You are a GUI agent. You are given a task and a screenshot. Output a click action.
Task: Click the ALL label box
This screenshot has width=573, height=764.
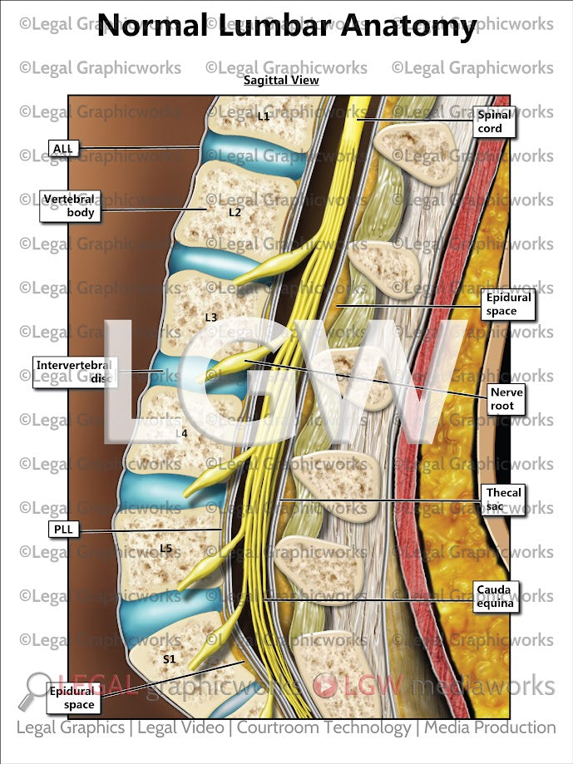tap(63, 149)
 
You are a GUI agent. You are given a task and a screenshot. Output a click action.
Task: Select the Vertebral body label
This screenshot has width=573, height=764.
tap(69, 205)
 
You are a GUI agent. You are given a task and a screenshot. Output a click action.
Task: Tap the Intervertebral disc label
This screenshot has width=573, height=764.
tap(73, 372)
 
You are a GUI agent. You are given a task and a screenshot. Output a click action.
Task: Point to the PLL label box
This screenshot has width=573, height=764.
tap(63, 528)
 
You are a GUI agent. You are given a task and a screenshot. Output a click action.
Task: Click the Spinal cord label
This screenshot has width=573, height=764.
tap(494, 122)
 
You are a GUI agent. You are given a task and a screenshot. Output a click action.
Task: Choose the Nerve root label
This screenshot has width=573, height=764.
tap(507, 399)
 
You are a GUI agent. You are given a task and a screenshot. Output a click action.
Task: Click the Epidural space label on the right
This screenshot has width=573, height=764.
tap(507, 304)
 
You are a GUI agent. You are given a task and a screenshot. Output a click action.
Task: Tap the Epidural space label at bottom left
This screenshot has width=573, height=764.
tap(72, 697)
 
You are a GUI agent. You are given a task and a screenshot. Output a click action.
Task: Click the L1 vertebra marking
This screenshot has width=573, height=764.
tap(263, 116)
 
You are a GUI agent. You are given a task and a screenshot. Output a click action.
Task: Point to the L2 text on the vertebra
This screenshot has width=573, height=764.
tap(235, 213)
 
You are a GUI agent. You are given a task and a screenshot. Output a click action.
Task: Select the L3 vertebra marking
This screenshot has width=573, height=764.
tap(211, 318)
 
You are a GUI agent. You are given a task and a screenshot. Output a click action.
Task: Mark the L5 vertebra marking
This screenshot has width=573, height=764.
tap(165, 548)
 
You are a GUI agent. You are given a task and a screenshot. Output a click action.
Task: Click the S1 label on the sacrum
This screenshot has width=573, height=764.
tap(169, 659)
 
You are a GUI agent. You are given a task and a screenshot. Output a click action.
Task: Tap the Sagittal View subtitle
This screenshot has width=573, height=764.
tap(281, 81)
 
